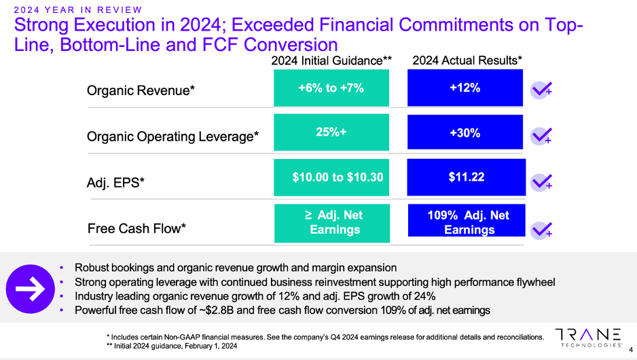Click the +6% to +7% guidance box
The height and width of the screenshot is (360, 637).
point(331,88)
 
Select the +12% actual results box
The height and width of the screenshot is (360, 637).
point(465,88)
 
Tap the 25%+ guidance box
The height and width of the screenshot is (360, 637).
point(331,132)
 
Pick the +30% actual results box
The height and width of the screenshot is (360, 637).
point(465,133)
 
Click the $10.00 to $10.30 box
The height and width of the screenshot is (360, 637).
point(331,177)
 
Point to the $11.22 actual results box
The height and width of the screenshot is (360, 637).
point(467,177)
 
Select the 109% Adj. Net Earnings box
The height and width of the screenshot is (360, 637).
point(467,222)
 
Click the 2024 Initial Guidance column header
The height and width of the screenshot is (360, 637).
point(331,61)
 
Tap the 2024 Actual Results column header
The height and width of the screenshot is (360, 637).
point(467,61)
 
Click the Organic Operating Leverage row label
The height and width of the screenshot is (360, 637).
point(173,137)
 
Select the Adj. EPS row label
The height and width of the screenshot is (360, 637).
point(116,183)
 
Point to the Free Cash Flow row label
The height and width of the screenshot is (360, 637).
point(137,229)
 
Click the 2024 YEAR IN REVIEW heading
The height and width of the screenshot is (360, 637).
point(78,10)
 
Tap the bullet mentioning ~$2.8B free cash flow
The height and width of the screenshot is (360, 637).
point(282,310)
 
